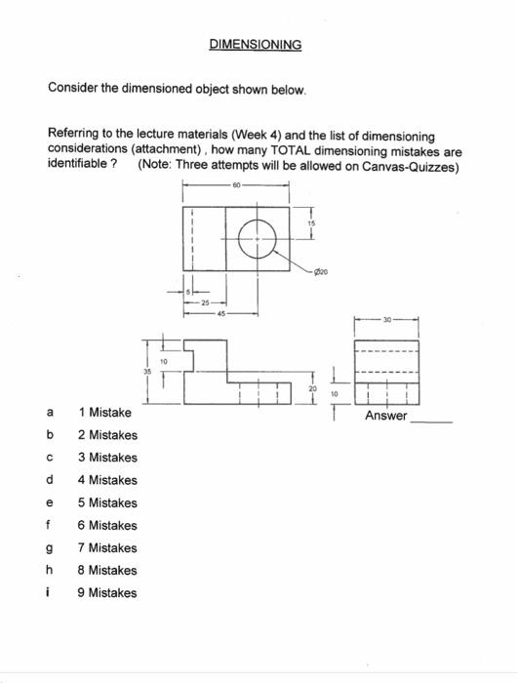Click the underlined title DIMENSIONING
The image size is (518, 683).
256,44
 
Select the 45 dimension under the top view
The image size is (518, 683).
222,314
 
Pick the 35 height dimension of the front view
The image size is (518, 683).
148,371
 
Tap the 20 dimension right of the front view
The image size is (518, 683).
311,388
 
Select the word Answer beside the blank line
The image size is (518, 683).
386,417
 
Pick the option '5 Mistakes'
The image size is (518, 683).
107,502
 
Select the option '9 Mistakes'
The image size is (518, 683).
107,592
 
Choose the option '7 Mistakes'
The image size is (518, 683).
107,547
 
